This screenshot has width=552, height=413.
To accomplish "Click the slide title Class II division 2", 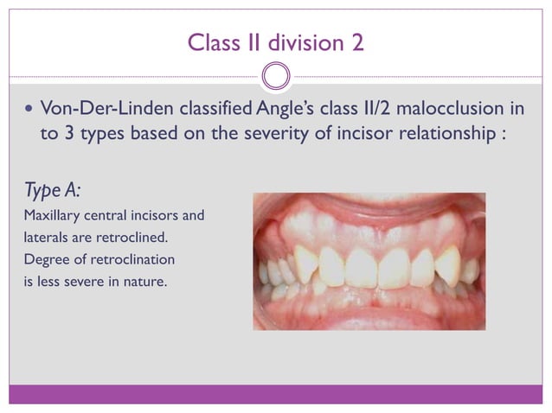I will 275,41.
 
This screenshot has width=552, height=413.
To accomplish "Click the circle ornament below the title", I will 275,76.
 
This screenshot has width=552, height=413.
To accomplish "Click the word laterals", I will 40,237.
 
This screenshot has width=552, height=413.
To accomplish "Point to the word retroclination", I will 129,259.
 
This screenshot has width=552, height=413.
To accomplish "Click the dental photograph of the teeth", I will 369,261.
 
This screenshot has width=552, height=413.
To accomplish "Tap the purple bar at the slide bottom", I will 275,394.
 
